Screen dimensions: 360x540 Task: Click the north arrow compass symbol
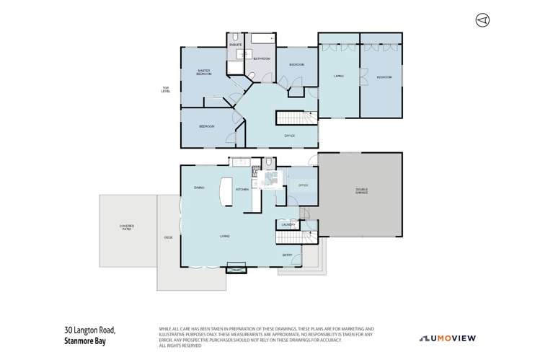click(482, 19)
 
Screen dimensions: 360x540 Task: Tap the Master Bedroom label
click(205, 72)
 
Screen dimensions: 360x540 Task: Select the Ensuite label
click(236, 45)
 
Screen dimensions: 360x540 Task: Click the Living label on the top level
click(338, 76)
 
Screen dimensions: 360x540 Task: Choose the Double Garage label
click(361, 192)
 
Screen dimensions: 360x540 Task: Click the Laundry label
click(287, 225)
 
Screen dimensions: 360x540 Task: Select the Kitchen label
click(243, 189)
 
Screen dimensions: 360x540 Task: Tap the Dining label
click(199, 188)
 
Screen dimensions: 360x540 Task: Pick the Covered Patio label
click(127, 228)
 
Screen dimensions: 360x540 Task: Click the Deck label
click(168, 237)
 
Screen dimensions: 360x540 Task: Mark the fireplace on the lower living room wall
click(236, 271)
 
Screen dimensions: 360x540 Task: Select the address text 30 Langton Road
click(89, 330)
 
